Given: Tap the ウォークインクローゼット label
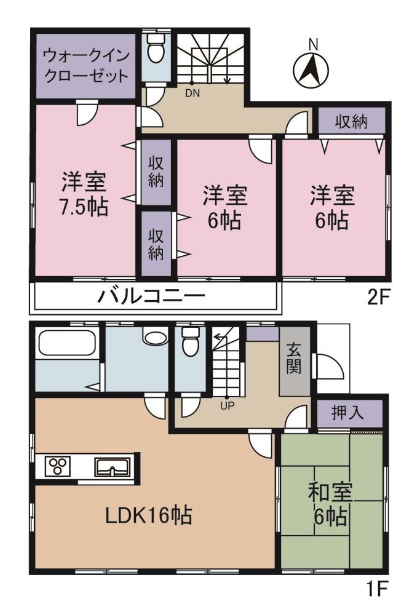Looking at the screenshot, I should click(86, 66).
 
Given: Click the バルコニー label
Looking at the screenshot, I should click(151, 297).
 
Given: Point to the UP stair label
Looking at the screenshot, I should click(227, 405).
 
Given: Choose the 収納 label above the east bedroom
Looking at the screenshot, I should click(351, 122).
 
